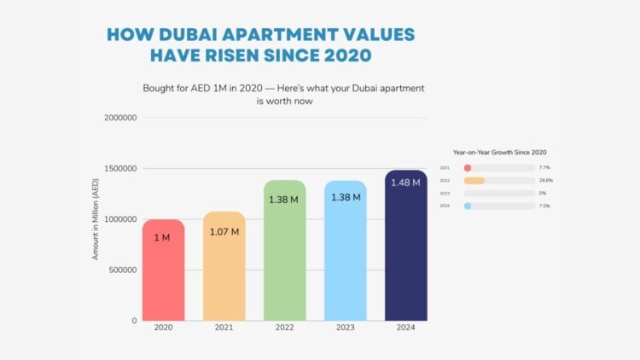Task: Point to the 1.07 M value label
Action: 224,230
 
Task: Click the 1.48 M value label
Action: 405,183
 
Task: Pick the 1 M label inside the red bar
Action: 162,238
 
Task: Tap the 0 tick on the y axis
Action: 134,321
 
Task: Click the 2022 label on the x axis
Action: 284,328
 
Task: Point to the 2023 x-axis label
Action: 345,328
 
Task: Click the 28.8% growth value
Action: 547,181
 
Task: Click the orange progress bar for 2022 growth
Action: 474,181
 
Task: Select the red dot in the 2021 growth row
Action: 468,168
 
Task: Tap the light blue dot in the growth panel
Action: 468,206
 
